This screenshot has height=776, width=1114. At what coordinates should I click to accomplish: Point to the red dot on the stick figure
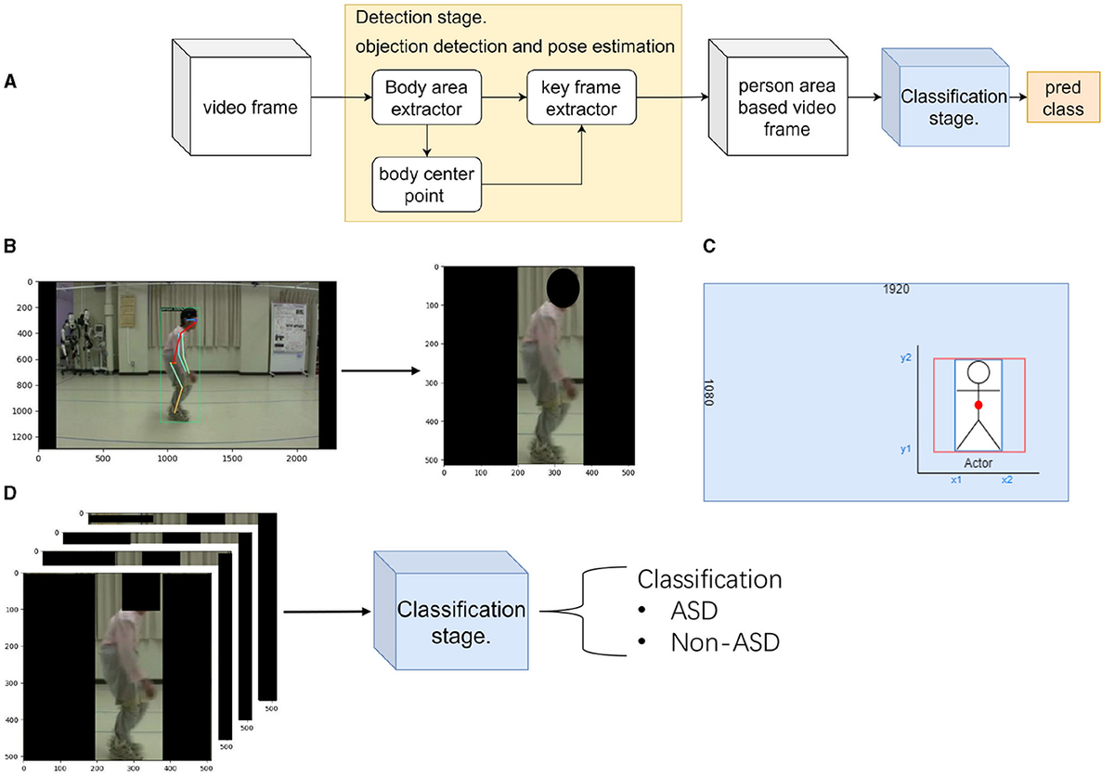point(978,406)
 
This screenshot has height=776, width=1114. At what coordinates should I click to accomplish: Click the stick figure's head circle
point(978,373)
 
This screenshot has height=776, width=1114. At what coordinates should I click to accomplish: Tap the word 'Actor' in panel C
point(979,462)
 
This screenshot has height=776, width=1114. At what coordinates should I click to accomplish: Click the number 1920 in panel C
point(897,290)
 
